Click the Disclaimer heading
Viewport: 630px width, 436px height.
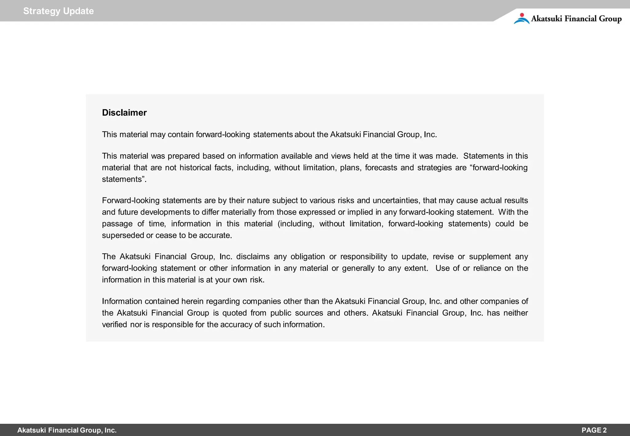(124, 113)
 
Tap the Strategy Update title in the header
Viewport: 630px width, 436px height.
(58, 11)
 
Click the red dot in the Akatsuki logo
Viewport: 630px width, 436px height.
(522, 15)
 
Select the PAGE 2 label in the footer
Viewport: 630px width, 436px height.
(594, 430)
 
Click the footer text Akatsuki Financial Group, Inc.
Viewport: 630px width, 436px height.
(67, 430)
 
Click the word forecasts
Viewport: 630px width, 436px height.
(381, 168)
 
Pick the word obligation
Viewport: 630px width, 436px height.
(308, 256)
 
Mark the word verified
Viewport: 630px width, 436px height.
(114, 325)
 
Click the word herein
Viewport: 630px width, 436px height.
(192, 301)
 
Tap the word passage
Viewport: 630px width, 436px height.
(117, 224)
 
